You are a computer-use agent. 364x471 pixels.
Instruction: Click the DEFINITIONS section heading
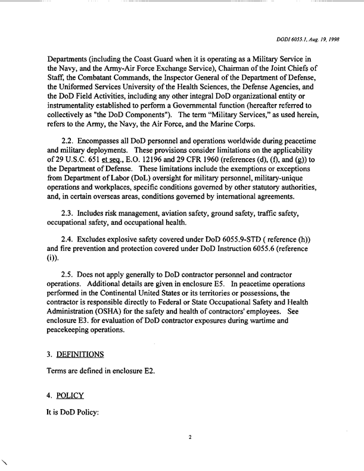[x=79, y=354]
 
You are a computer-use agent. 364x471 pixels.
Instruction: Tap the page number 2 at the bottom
[x=189, y=437]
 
